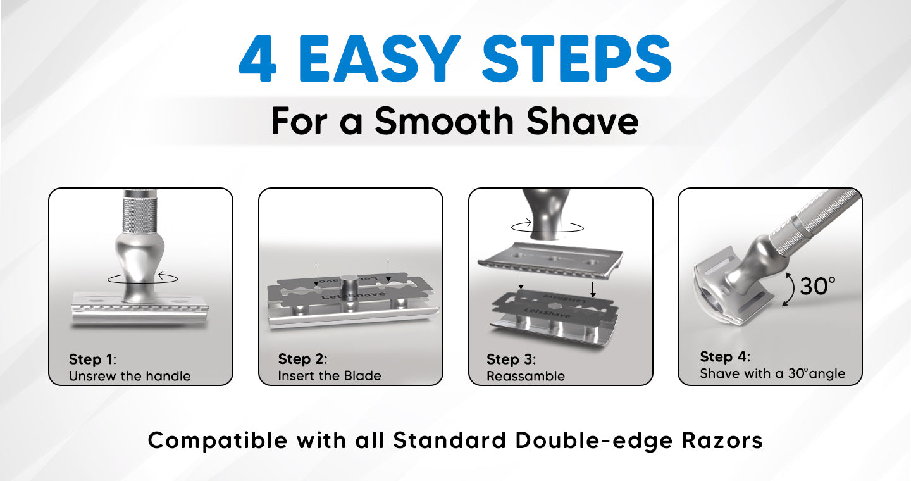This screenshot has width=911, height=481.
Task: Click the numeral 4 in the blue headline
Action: click(258, 59)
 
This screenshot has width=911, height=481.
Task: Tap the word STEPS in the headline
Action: click(577, 59)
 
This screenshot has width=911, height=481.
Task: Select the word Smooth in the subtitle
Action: click(444, 121)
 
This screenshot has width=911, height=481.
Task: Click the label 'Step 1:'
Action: click(93, 359)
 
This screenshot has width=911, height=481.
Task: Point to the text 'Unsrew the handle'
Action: click(130, 376)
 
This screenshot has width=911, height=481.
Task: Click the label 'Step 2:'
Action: click(302, 359)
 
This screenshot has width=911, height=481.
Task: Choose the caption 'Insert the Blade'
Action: click(330, 375)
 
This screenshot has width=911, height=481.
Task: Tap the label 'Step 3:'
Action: click(511, 359)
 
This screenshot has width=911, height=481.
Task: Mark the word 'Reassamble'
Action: click(526, 376)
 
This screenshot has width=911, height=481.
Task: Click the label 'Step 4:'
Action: click(725, 357)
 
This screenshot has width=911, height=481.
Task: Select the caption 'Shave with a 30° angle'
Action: click(772, 373)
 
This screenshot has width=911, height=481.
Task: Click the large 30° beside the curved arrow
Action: click(818, 286)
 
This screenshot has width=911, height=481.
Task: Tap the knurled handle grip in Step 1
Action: click(139, 215)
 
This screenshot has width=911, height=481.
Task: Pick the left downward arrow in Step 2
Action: click(316, 275)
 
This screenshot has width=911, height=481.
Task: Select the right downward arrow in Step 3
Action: click(593, 290)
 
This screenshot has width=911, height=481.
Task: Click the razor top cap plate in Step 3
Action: click(550, 259)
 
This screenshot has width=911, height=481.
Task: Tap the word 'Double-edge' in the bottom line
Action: click(594, 440)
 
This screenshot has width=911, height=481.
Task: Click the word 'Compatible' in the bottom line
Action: click(218, 440)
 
